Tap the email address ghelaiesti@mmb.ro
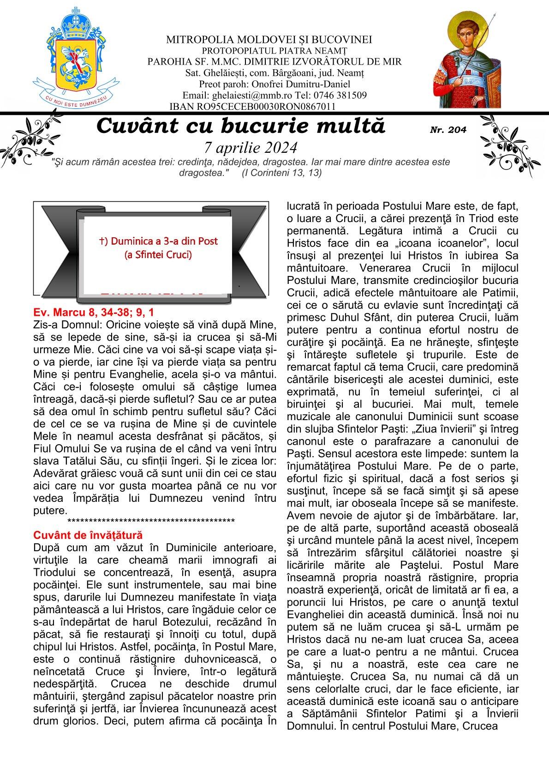(x=247, y=96)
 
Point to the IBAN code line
(x=252, y=107)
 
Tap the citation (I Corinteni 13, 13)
(x=281, y=173)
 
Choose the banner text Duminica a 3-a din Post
(x=158, y=241)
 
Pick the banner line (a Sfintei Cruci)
(x=158, y=254)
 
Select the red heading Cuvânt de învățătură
(x=88, y=535)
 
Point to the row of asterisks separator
(x=151, y=522)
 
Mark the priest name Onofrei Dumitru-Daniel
(x=300, y=84)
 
